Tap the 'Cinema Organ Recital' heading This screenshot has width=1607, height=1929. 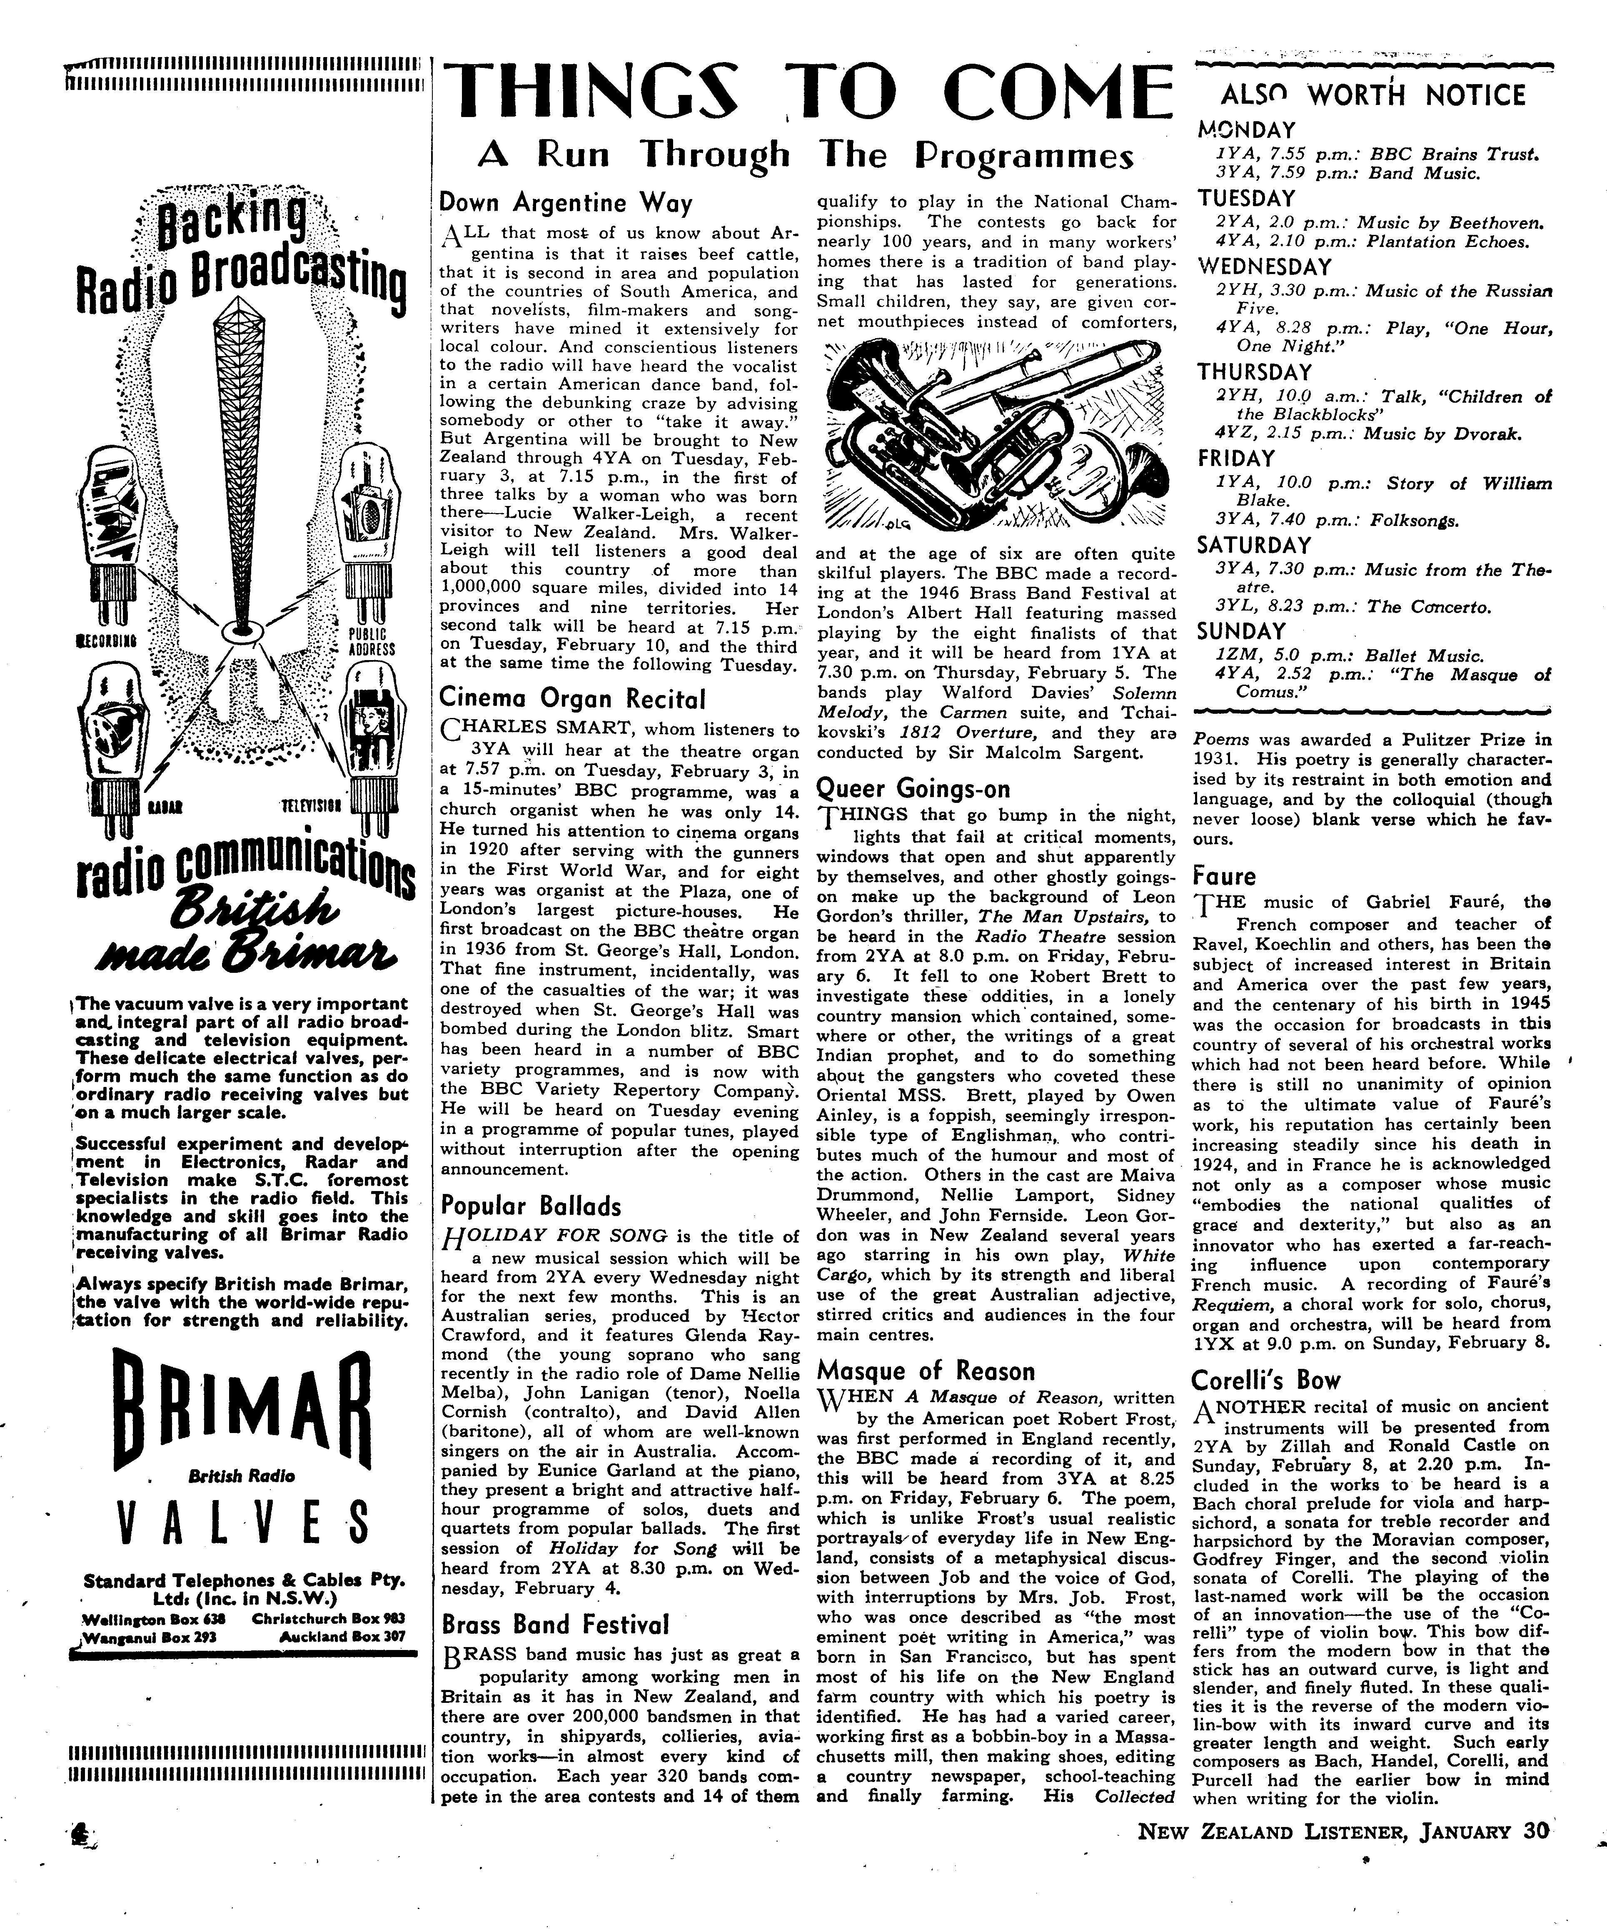[x=572, y=700]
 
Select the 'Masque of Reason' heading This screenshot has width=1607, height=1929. [x=925, y=1371]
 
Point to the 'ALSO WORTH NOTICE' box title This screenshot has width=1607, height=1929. [x=1373, y=95]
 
